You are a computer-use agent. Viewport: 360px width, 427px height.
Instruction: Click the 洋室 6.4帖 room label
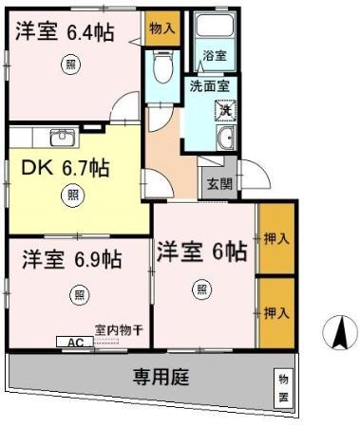click(x=65, y=33)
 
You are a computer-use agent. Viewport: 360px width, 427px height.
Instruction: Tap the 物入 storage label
click(x=162, y=29)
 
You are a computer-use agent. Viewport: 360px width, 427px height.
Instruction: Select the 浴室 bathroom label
click(x=214, y=56)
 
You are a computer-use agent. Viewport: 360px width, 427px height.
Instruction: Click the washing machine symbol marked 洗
click(x=226, y=109)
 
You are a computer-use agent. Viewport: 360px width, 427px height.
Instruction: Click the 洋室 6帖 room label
click(x=201, y=252)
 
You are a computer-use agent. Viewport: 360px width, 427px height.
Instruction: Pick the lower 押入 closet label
click(x=275, y=311)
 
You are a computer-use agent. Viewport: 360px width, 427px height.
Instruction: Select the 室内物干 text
click(x=119, y=329)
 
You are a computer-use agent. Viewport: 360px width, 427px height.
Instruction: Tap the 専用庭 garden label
click(x=160, y=376)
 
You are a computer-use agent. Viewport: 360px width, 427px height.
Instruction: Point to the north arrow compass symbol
click(x=337, y=334)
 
